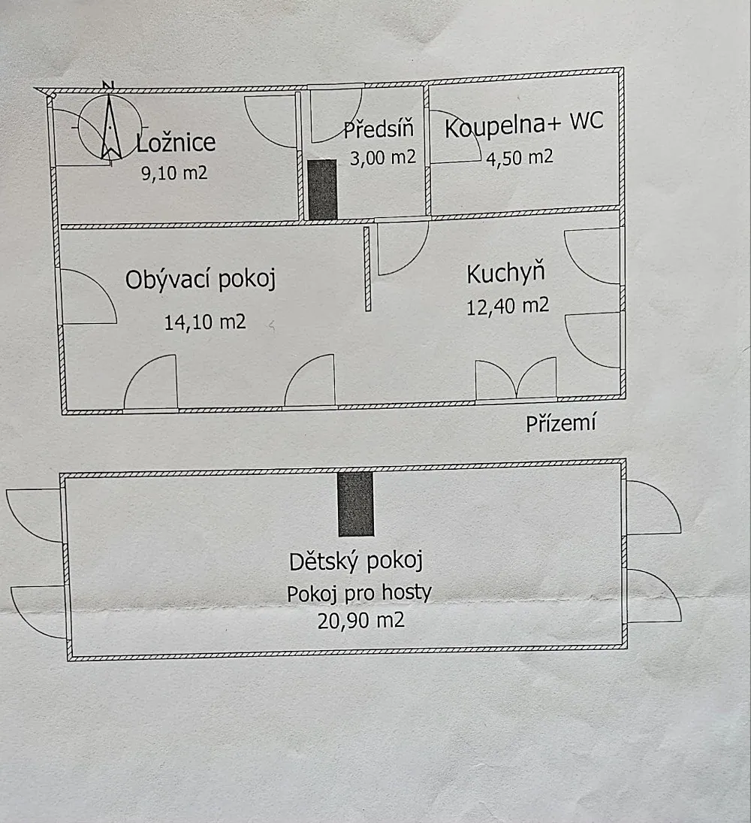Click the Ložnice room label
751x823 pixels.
176,141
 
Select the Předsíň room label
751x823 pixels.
379,129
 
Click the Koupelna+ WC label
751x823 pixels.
523,126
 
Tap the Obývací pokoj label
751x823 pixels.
201,280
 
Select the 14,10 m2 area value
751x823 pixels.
204,322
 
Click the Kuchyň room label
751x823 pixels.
505,274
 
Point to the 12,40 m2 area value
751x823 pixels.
508,306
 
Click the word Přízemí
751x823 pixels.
560,423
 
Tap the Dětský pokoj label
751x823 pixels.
356,561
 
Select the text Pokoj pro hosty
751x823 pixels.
359,593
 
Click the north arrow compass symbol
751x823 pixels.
110,128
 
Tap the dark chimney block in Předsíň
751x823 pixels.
323,189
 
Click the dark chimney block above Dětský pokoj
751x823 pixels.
356,504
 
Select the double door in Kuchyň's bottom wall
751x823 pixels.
516,380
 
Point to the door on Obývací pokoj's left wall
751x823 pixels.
86,297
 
